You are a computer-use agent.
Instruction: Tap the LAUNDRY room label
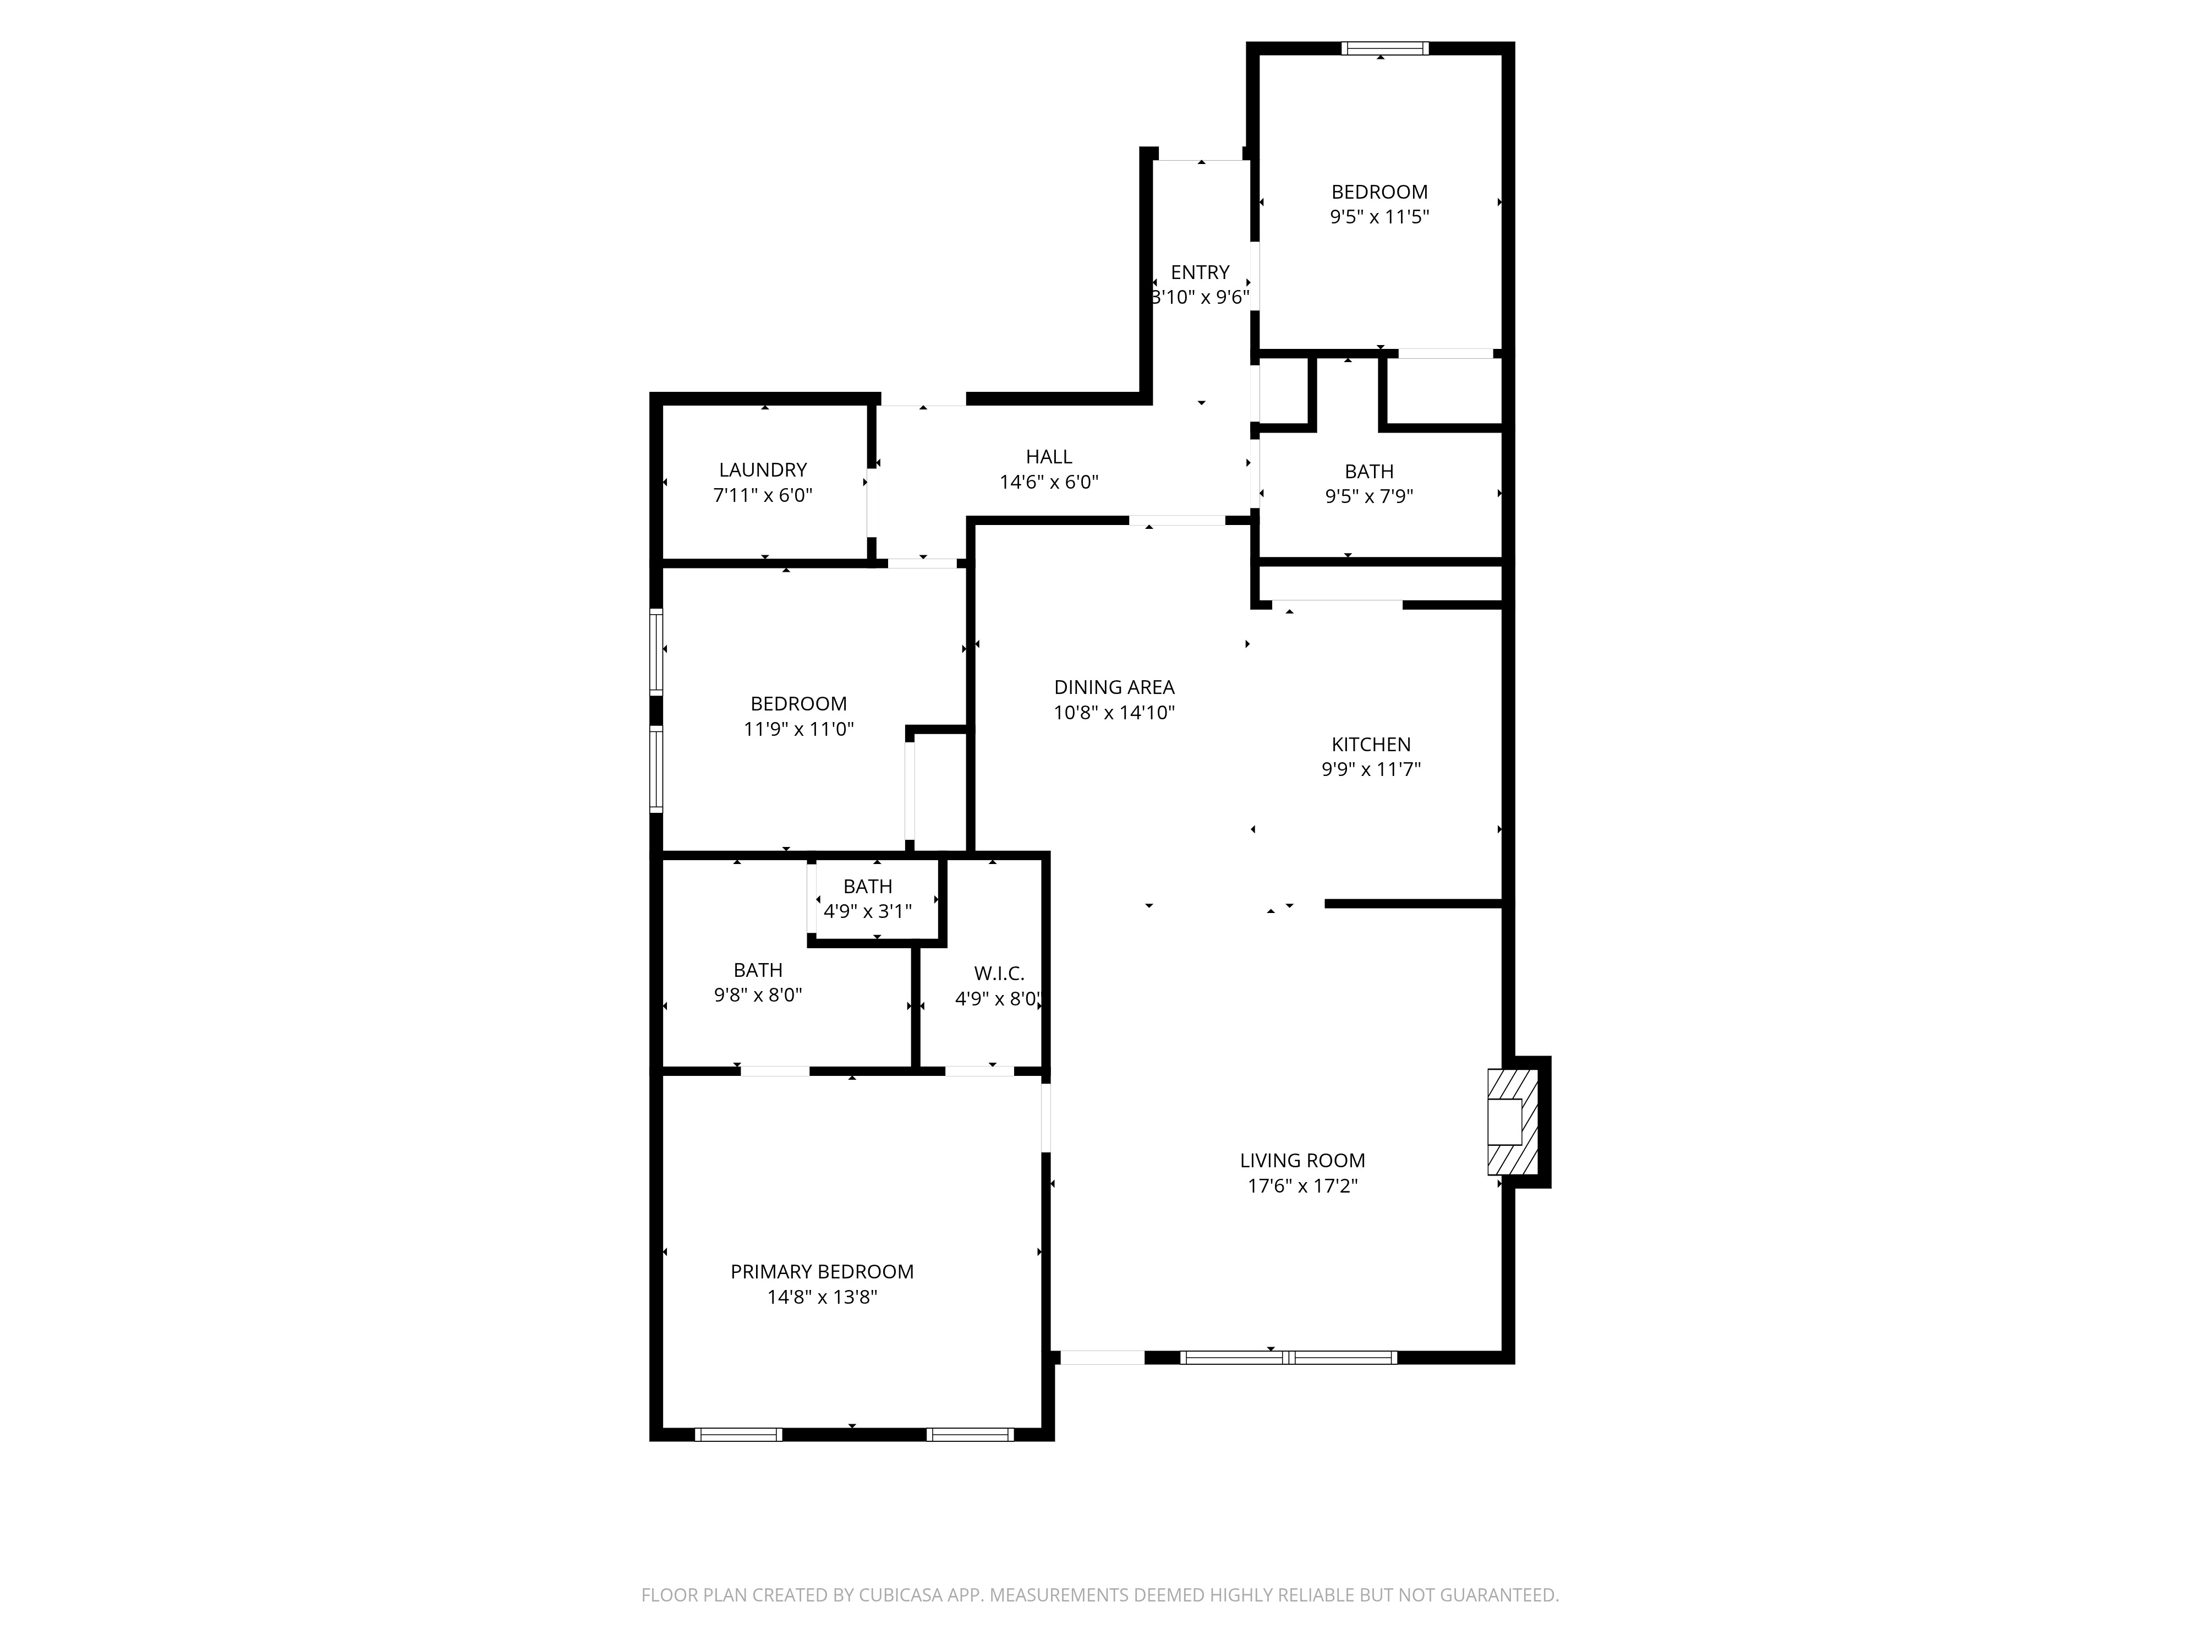click(763, 470)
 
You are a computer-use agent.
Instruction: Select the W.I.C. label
click(999, 974)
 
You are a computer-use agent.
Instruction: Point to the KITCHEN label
click(1371, 745)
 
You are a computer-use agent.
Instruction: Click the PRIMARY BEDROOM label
click(822, 1272)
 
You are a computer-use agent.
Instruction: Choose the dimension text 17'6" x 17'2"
click(1302, 1185)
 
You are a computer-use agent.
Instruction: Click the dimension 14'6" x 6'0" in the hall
click(1049, 482)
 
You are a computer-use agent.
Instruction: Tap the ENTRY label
click(1200, 272)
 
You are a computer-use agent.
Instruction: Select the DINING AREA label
click(1114, 687)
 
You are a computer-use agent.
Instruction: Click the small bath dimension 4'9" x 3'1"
click(868, 911)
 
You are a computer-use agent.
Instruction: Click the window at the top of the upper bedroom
click(1384, 48)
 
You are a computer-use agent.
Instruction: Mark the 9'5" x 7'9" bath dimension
click(1369, 496)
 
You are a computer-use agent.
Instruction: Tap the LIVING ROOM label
click(1302, 1160)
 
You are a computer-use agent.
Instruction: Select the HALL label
click(1049, 457)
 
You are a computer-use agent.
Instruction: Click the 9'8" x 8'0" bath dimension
click(758, 994)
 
